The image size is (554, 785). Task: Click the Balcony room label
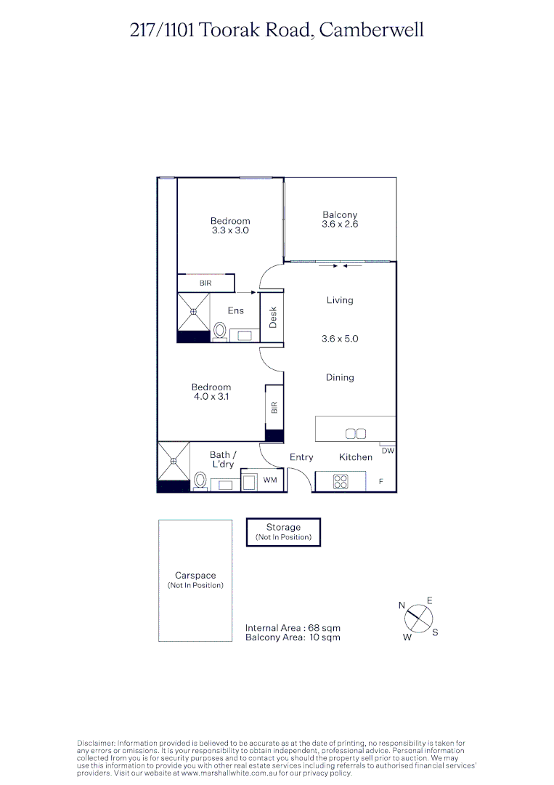click(340, 215)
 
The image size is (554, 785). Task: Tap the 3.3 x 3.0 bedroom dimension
click(230, 230)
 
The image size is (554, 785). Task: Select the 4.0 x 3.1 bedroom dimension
click(211, 397)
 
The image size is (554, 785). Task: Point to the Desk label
click(273, 317)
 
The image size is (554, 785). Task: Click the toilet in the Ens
click(219, 331)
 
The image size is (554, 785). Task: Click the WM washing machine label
click(270, 480)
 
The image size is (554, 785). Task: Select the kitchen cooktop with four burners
click(340, 480)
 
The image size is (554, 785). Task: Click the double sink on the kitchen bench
click(356, 434)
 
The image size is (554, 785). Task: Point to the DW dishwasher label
click(388, 451)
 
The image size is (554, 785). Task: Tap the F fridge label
click(380, 481)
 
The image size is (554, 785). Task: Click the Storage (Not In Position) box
click(283, 532)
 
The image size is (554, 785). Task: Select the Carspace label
click(195, 576)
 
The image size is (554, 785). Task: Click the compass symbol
click(418, 619)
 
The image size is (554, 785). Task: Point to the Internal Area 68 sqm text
click(293, 628)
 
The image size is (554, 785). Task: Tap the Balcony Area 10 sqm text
click(293, 637)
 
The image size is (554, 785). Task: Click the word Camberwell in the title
click(371, 30)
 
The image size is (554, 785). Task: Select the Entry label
click(301, 457)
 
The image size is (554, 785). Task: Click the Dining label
click(340, 377)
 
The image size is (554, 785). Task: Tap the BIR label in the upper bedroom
click(206, 283)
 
